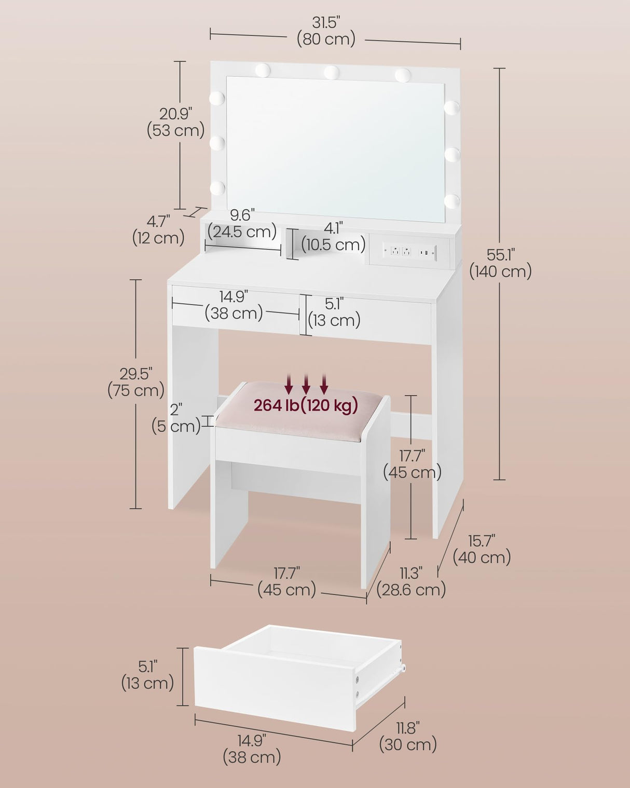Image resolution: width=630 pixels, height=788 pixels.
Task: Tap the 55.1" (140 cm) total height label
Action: [500, 263]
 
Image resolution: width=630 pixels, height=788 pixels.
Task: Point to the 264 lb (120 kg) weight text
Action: [306, 405]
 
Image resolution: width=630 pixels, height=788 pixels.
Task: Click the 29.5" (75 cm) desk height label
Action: [136, 382]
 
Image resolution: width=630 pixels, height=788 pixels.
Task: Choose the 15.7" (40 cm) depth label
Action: [482, 549]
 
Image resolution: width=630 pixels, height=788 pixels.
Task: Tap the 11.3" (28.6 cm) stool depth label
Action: [411, 581]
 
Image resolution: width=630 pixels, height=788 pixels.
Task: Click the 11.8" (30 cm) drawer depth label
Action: [408, 736]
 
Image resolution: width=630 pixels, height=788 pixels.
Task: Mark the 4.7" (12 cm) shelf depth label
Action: [158, 229]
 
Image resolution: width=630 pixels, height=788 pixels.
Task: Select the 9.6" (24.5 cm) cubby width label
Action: [242, 223]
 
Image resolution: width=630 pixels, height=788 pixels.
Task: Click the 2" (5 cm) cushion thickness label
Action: [176, 418]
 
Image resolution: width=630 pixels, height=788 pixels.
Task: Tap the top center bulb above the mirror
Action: [331, 72]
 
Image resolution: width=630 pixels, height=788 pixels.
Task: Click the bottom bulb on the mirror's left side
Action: [217, 188]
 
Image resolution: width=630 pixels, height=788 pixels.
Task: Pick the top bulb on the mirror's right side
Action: [451, 107]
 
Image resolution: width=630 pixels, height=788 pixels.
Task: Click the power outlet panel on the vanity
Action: [410, 252]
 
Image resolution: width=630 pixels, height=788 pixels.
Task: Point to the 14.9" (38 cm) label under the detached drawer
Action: [252, 749]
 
